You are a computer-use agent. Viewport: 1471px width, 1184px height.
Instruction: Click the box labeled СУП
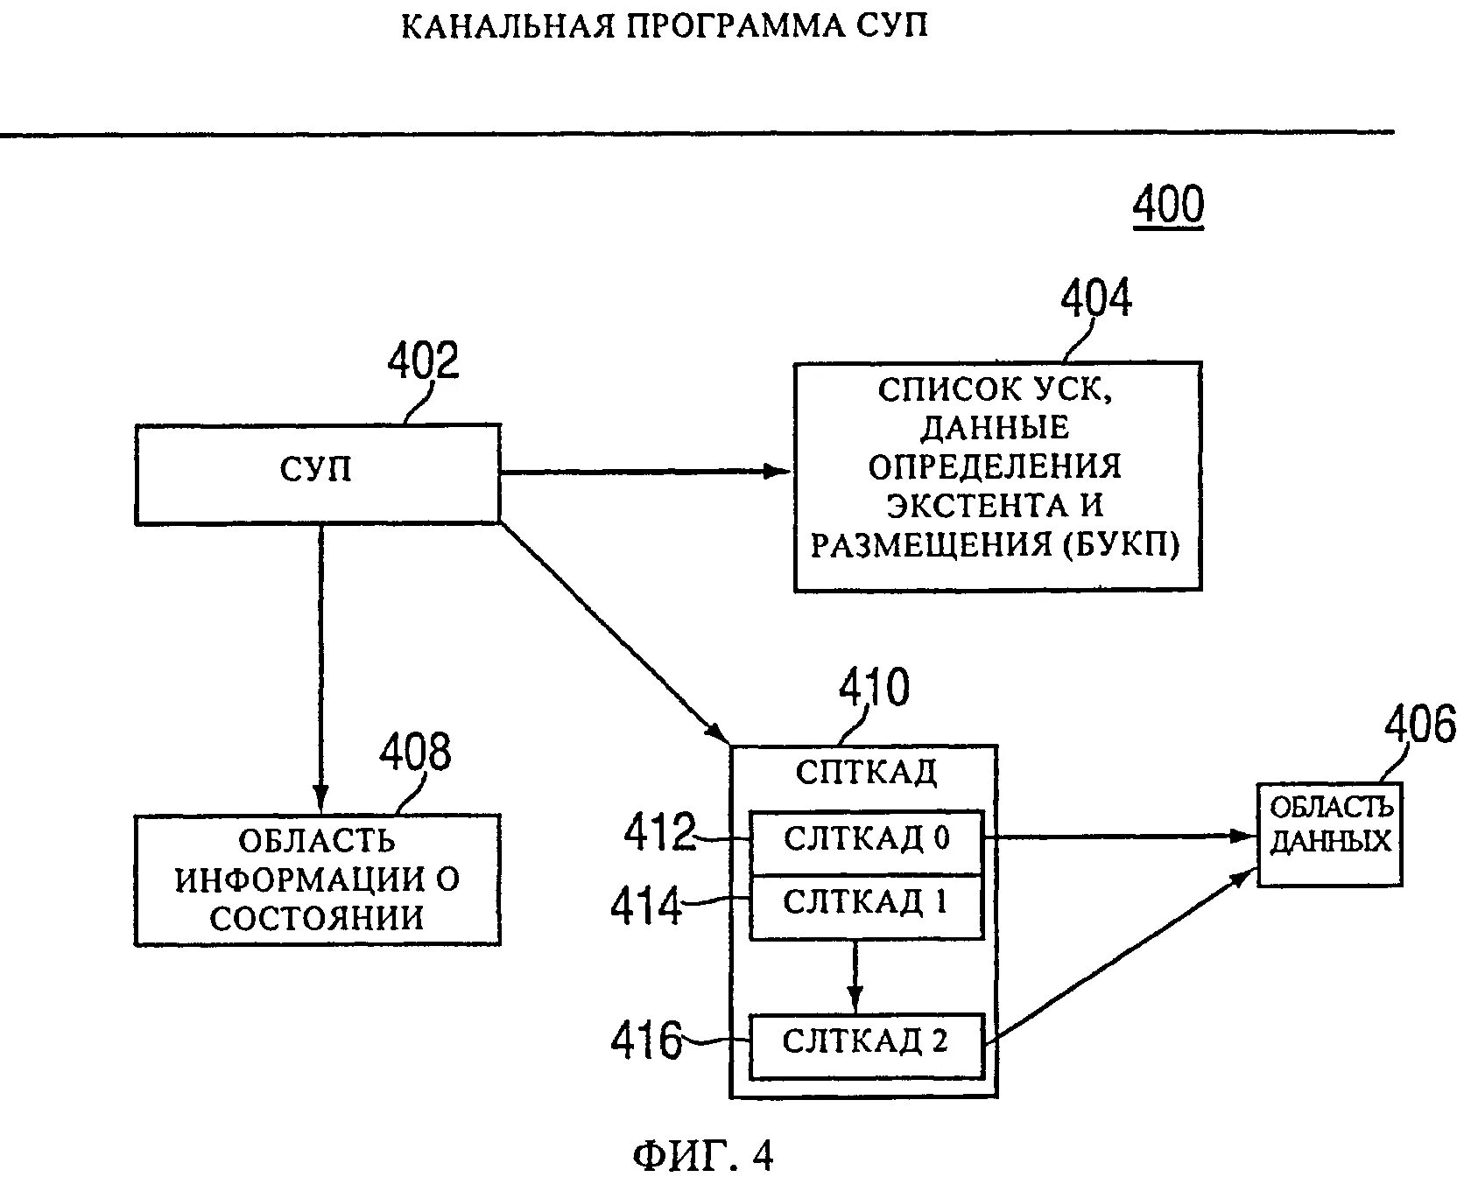(317, 473)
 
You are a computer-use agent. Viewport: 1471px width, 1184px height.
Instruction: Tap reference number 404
(1095, 298)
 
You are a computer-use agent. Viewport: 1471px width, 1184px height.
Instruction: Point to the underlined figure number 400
(1168, 206)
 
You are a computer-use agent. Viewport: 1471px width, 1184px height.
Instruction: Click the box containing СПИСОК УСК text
(997, 476)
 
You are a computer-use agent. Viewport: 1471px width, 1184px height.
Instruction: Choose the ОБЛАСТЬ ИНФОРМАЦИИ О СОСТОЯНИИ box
(317, 879)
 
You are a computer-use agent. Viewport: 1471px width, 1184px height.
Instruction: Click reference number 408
(415, 753)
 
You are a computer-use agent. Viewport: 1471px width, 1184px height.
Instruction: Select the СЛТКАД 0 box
(866, 840)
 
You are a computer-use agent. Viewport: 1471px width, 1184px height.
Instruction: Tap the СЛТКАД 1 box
(866, 905)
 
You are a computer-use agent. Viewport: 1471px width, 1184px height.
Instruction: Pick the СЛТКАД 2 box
(866, 1044)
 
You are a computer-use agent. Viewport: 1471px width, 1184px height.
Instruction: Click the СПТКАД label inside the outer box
(866, 772)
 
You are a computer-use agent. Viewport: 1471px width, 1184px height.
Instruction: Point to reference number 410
(874, 688)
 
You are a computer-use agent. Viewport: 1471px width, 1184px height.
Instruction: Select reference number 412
(659, 832)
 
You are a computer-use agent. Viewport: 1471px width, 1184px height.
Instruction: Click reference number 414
(646, 906)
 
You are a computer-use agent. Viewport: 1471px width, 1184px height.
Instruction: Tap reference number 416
(646, 1040)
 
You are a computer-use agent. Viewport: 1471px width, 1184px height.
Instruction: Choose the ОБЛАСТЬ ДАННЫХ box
(1329, 834)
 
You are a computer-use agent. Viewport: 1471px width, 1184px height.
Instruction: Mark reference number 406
(1418, 726)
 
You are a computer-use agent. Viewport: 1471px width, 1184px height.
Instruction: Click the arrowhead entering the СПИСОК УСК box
(780, 472)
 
